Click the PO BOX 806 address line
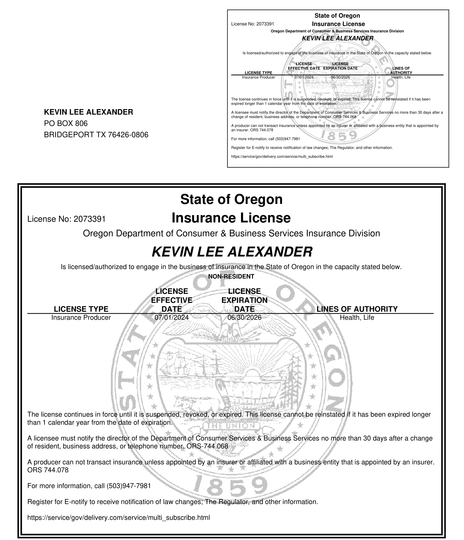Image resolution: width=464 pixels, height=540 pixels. coord(66,123)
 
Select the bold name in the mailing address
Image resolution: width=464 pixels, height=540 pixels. coord(88,112)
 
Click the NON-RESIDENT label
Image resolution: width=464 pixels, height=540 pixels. coord(231,276)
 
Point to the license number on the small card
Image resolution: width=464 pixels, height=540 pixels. coord(265,24)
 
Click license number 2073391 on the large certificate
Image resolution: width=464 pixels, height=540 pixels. coord(90,219)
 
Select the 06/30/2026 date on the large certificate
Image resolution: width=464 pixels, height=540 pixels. coord(244,317)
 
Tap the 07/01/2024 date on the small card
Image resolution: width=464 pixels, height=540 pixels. coord(304,77)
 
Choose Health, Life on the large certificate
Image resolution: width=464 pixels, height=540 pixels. coord(357,317)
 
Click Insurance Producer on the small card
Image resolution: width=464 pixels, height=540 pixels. coord(258,77)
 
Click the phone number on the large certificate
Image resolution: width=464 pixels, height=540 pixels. coord(129,486)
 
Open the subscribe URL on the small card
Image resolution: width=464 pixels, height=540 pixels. coord(282,156)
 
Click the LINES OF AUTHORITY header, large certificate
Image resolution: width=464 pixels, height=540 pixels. coord(357,309)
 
